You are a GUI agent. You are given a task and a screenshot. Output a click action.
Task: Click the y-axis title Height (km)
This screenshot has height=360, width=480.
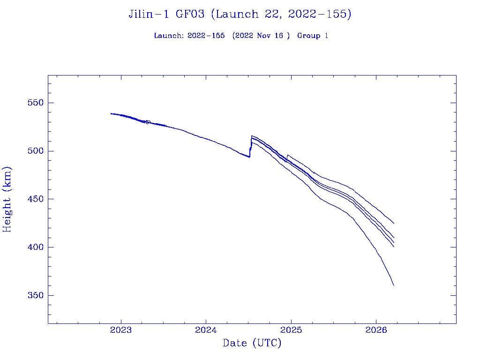[x=7, y=199]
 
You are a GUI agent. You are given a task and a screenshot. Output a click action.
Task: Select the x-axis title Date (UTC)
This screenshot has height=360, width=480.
[x=252, y=344]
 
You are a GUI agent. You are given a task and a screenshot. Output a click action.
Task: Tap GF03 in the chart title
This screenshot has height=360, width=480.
[x=190, y=15]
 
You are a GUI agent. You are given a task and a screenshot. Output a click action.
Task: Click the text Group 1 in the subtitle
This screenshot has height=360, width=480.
[x=313, y=36]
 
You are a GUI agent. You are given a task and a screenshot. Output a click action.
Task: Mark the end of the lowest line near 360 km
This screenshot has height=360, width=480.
[x=394, y=285]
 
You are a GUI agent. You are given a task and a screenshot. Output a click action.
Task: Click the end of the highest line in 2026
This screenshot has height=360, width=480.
[x=394, y=224]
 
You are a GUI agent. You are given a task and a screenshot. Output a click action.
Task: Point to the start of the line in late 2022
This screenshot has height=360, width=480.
[x=111, y=113]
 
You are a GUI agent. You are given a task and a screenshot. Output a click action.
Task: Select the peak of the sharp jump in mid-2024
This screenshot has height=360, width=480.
[x=252, y=136]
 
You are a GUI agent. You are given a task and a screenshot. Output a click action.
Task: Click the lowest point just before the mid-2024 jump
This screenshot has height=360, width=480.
[x=249, y=157]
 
